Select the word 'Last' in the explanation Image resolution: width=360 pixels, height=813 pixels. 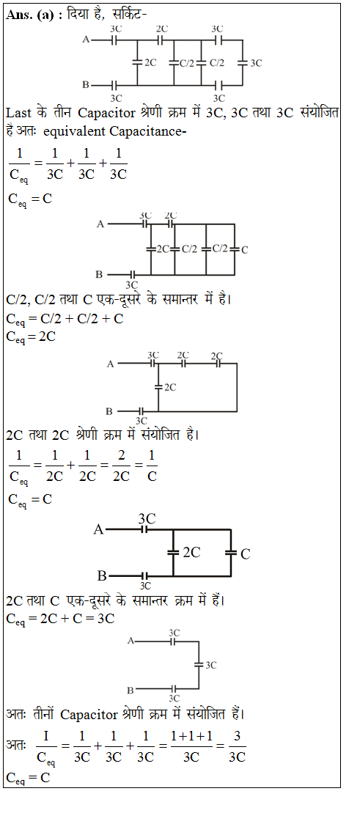18,112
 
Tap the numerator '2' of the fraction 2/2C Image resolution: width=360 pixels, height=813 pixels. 120,456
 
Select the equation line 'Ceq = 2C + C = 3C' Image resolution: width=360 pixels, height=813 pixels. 60,619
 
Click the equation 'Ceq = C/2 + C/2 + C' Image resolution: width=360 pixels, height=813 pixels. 65,319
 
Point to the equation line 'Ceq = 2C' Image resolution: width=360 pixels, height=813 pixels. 31,337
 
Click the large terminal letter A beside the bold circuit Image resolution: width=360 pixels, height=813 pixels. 98,529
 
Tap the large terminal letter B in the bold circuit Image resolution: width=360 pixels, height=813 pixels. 103,575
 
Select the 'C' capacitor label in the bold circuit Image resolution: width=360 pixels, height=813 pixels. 246,554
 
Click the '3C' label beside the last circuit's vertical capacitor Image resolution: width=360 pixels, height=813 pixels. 210,665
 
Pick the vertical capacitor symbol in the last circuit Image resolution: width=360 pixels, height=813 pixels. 199,665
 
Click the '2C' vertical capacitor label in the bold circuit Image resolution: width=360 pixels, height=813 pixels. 191,553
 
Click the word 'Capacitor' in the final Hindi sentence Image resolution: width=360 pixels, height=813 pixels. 89,715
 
